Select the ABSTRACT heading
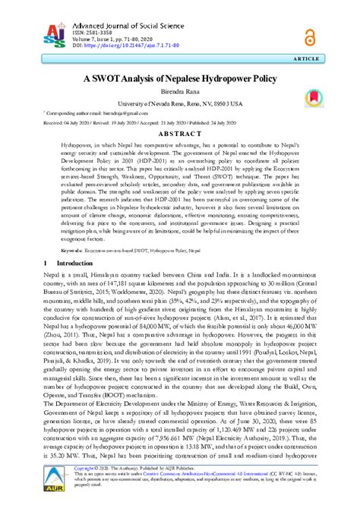click(x=179, y=132)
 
